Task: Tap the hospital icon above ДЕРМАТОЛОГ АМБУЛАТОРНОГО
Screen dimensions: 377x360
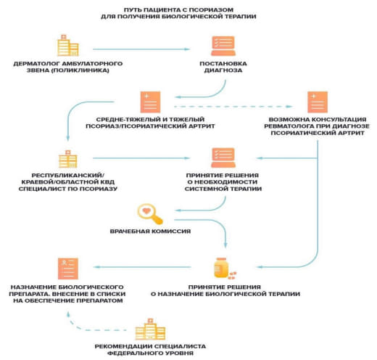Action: click(68, 46)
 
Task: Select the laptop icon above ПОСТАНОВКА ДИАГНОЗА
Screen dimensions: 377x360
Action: click(223, 46)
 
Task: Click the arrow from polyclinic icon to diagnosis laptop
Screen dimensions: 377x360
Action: click(141, 49)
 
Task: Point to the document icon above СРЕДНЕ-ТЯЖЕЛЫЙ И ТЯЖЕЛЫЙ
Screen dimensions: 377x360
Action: click(150, 102)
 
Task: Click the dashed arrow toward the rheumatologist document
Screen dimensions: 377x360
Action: click(233, 107)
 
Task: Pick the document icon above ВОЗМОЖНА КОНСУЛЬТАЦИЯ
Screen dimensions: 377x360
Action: click(318, 102)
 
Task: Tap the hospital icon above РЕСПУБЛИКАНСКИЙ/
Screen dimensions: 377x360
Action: click(68, 159)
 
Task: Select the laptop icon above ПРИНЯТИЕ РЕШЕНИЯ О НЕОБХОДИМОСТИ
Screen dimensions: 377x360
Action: click(223, 157)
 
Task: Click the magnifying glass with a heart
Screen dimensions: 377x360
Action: click(150, 214)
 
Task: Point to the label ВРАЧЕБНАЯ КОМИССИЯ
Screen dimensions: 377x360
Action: click(150, 232)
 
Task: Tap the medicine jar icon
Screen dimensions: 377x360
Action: click(225, 268)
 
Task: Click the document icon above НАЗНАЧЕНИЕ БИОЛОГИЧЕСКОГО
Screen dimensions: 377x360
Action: click(68, 269)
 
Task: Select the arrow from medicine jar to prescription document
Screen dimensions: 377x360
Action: click(142, 267)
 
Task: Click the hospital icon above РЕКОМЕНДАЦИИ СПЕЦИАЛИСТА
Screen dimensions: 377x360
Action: click(150, 329)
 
